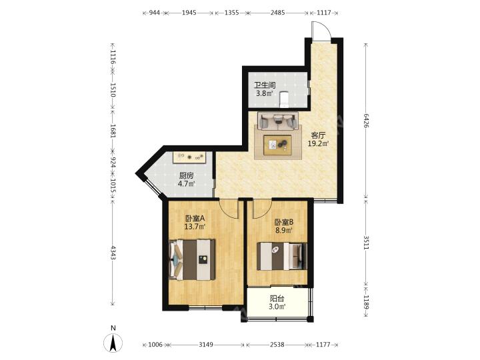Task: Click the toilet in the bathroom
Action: (x=285, y=99)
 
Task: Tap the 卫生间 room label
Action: (x=265, y=85)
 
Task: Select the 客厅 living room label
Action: (x=319, y=135)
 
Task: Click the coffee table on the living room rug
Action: (x=277, y=144)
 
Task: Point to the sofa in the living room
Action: (x=277, y=121)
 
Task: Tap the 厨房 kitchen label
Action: (x=187, y=176)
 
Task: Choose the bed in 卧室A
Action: (x=192, y=259)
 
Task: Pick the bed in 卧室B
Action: (x=281, y=256)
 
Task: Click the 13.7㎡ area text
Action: (x=195, y=227)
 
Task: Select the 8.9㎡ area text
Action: (x=284, y=230)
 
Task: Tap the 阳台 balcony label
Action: (x=277, y=298)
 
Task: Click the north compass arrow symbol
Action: (x=113, y=343)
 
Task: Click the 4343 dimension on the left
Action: (x=113, y=253)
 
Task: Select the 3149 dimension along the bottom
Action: (x=206, y=345)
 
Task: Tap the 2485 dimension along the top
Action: (x=278, y=13)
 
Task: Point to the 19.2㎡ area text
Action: (x=319, y=143)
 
